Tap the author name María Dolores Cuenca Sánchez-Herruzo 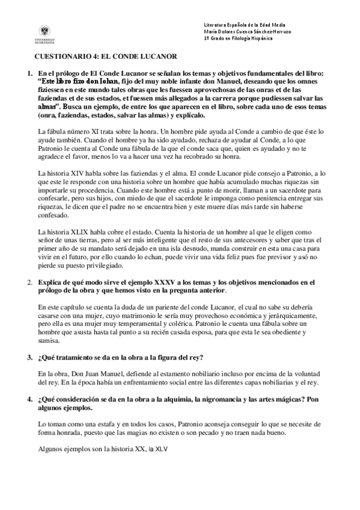pos(248,31)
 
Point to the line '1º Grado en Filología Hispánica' pos(238,38)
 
